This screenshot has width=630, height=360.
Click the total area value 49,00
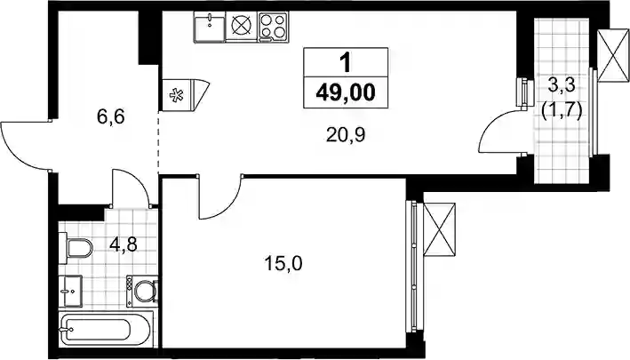(346, 93)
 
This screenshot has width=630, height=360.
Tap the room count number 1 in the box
(345, 63)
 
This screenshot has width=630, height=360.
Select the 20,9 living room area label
(346, 135)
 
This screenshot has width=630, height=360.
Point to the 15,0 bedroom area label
(283, 264)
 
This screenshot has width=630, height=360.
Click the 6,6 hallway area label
(111, 117)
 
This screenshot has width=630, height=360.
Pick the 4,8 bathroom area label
(123, 244)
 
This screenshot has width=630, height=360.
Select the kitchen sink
(210, 27)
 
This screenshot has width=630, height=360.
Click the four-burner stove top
(273, 27)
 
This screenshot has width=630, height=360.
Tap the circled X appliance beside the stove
(242, 26)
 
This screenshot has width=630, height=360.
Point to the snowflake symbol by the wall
(176, 95)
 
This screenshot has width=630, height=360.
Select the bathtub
(106, 330)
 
